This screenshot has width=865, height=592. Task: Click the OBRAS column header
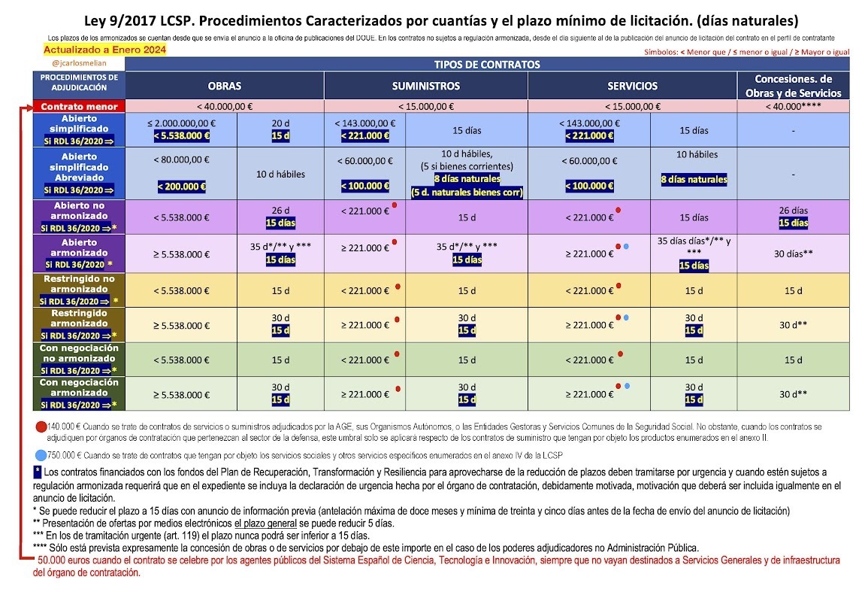[224, 86]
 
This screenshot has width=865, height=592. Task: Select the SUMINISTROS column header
[426, 86]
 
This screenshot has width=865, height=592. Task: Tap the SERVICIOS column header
[631, 86]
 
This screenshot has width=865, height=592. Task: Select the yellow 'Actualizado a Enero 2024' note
[104, 50]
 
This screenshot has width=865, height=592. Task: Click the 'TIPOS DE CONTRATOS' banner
[487, 65]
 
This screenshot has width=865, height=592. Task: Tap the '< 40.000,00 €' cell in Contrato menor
[224, 107]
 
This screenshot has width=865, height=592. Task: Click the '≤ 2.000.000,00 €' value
[182, 123]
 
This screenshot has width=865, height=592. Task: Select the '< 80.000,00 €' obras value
[182, 160]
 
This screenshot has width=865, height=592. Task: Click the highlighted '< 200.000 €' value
[182, 186]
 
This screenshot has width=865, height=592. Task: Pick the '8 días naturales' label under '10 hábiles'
[693, 180]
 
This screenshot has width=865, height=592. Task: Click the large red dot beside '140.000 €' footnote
[41, 427]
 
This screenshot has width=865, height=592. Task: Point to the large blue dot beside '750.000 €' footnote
[41, 456]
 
